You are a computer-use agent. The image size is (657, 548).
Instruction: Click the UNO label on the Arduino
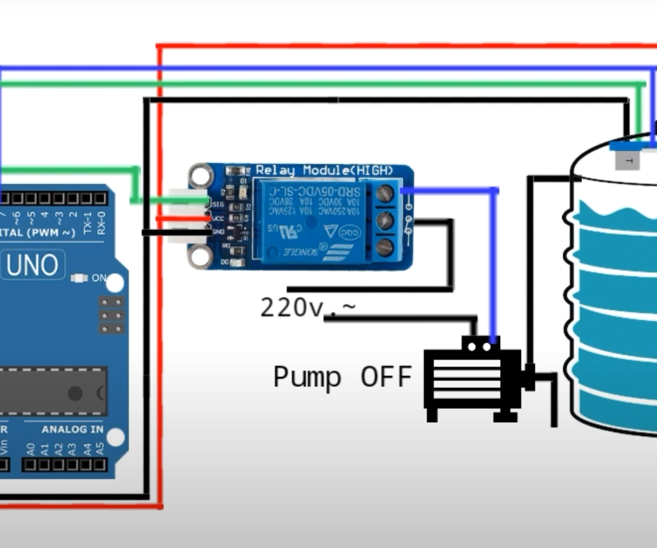[x=32, y=266]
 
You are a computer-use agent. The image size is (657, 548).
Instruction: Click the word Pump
[x=307, y=377]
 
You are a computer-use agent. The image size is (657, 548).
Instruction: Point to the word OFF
[x=386, y=376]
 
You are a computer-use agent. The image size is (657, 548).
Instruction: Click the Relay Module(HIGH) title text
[x=324, y=171]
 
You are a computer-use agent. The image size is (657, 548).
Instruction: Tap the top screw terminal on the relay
[x=385, y=193]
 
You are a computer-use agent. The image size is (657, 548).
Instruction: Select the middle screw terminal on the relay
[x=385, y=221]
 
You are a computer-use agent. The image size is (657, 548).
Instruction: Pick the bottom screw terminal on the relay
[x=385, y=247]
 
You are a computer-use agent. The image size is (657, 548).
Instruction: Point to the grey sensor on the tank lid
[x=627, y=159]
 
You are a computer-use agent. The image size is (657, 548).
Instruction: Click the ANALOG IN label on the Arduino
[x=73, y=429]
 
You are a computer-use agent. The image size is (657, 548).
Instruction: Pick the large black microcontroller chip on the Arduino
[x=53, y=392]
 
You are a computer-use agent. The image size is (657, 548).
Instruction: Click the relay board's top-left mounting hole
[x=199, y=176]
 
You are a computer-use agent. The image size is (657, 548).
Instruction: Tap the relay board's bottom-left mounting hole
[x=199, y=258]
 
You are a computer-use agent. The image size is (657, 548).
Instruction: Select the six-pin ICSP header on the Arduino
[x=111, y=315]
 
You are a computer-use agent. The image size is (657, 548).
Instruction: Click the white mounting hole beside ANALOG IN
[x=115, y=437]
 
